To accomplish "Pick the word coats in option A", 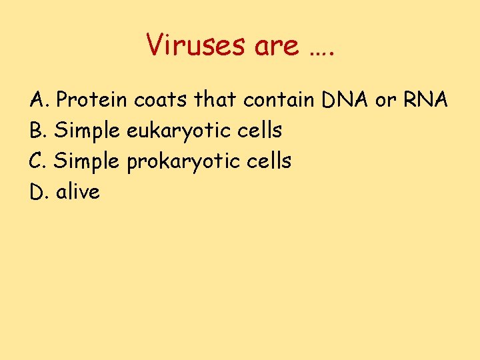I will (162, 100).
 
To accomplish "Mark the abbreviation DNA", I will (345, 100).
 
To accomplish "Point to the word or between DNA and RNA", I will (385, 101).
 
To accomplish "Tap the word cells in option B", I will (259, 131).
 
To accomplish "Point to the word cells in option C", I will (268, 161).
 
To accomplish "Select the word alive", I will (78, 192).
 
